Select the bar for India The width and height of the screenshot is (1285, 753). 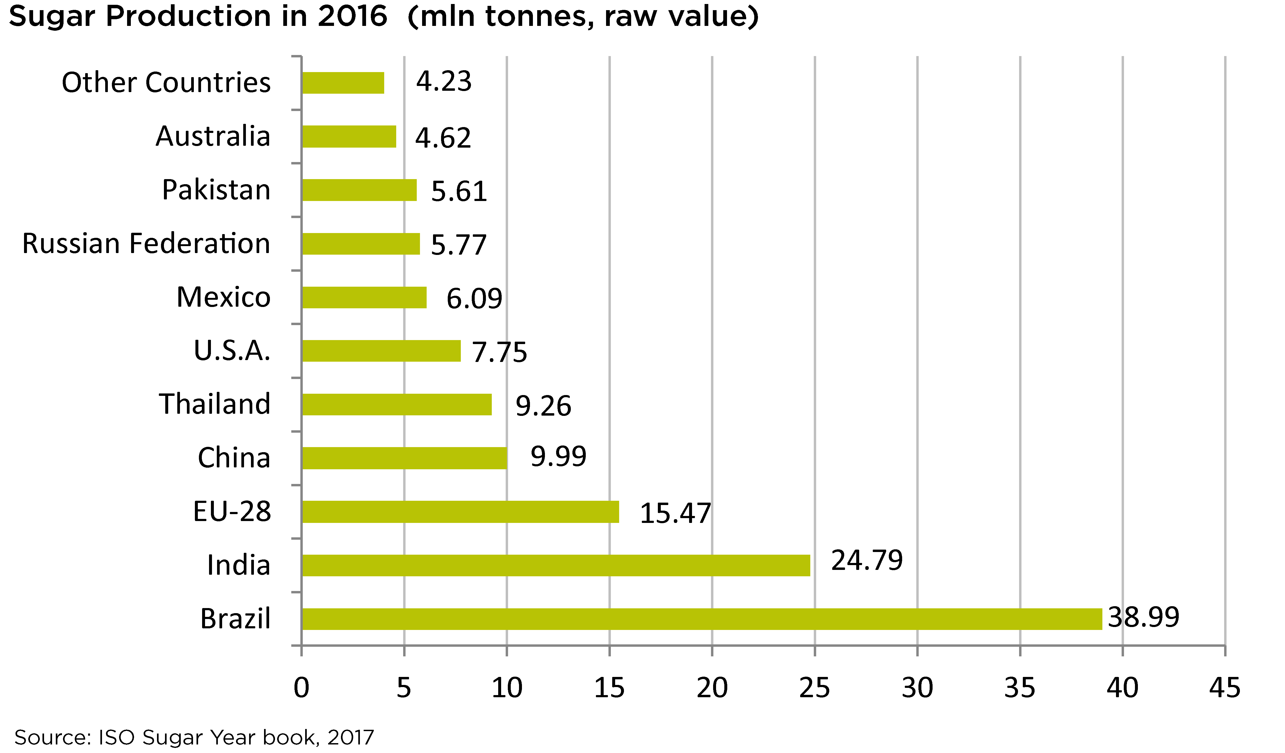(556, 565)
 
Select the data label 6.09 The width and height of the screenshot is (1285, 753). (474, 299)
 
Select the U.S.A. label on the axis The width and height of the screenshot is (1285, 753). (232, 351)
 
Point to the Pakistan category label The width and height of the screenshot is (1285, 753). (216, 190)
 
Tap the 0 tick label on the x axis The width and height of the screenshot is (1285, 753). (301, 688)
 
